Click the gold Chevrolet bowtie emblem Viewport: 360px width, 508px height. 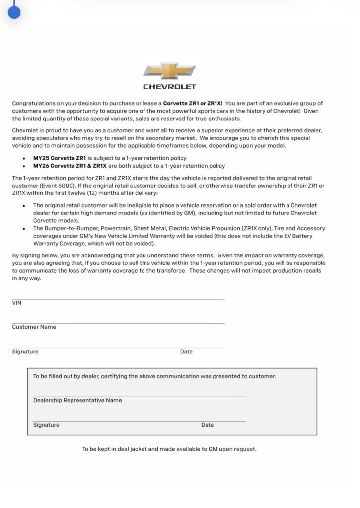pos(169,71)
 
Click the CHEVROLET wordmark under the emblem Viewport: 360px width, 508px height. pos(169,87)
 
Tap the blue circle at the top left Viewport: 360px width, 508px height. pos(14,12)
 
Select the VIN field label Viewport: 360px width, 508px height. pos(17,303)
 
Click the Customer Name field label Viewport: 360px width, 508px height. pos(34,327)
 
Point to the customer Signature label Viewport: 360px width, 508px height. pos(25,352)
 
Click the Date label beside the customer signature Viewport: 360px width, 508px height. pos(186,352)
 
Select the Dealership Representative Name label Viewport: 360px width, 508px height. pos(77,400)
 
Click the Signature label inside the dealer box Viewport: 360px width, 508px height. pos(46,425)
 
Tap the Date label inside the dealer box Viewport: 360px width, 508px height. pos(207,425)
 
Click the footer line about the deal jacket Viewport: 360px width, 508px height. pos(169,449)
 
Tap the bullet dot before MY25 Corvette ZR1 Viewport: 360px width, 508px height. pos(24,158)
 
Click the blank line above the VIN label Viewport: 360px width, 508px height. pos(118,299)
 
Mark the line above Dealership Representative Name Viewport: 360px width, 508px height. pos(139,396)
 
